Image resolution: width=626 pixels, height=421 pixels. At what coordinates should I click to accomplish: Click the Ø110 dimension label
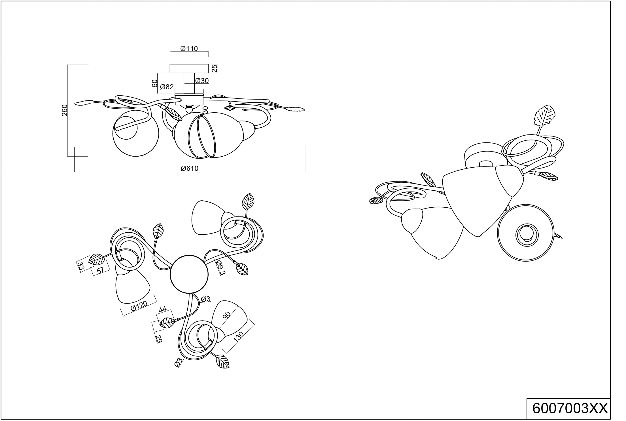click(x=189, y=49)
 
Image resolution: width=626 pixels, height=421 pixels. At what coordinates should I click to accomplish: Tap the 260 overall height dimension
click(x=65, y=110)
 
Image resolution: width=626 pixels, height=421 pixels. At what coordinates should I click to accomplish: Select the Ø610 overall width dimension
click(x=190, y=168)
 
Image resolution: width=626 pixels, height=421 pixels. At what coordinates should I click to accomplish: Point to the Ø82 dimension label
click(x=167, y=87)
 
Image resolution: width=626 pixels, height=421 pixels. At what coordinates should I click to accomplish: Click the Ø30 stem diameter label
click(x=202, y=81)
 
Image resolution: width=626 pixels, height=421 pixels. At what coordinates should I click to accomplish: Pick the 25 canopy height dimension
click(x=215, y=68)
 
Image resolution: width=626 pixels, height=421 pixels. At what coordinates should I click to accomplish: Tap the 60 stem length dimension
click(x=154, y=83)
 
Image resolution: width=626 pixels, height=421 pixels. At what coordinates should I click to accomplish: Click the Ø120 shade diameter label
click(x=139, y=307)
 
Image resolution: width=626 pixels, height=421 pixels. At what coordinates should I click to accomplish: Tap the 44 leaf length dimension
click(x=163, y=310)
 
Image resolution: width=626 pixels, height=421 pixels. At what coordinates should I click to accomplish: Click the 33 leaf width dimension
click(x=81, y=266)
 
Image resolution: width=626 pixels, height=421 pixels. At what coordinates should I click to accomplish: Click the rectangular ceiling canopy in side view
click(x=189, y=68)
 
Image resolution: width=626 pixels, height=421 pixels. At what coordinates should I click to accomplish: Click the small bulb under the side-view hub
click(x=189, y=109)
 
